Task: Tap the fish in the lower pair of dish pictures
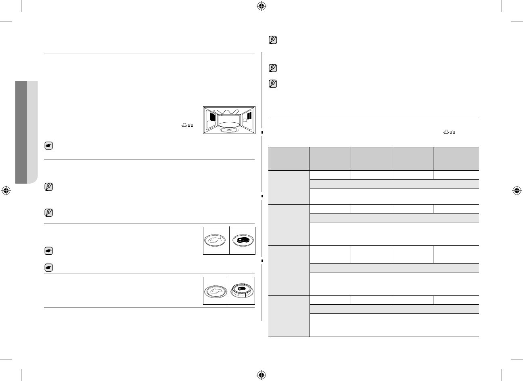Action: coord(216,290)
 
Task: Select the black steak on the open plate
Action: coord(242,239)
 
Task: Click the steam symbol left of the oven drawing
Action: coord(185,125)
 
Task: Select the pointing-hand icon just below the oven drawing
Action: coord(48,146)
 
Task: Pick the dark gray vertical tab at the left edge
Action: coord(21,132)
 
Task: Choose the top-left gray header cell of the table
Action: coord(289,158)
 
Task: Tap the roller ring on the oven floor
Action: coord(229,130)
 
